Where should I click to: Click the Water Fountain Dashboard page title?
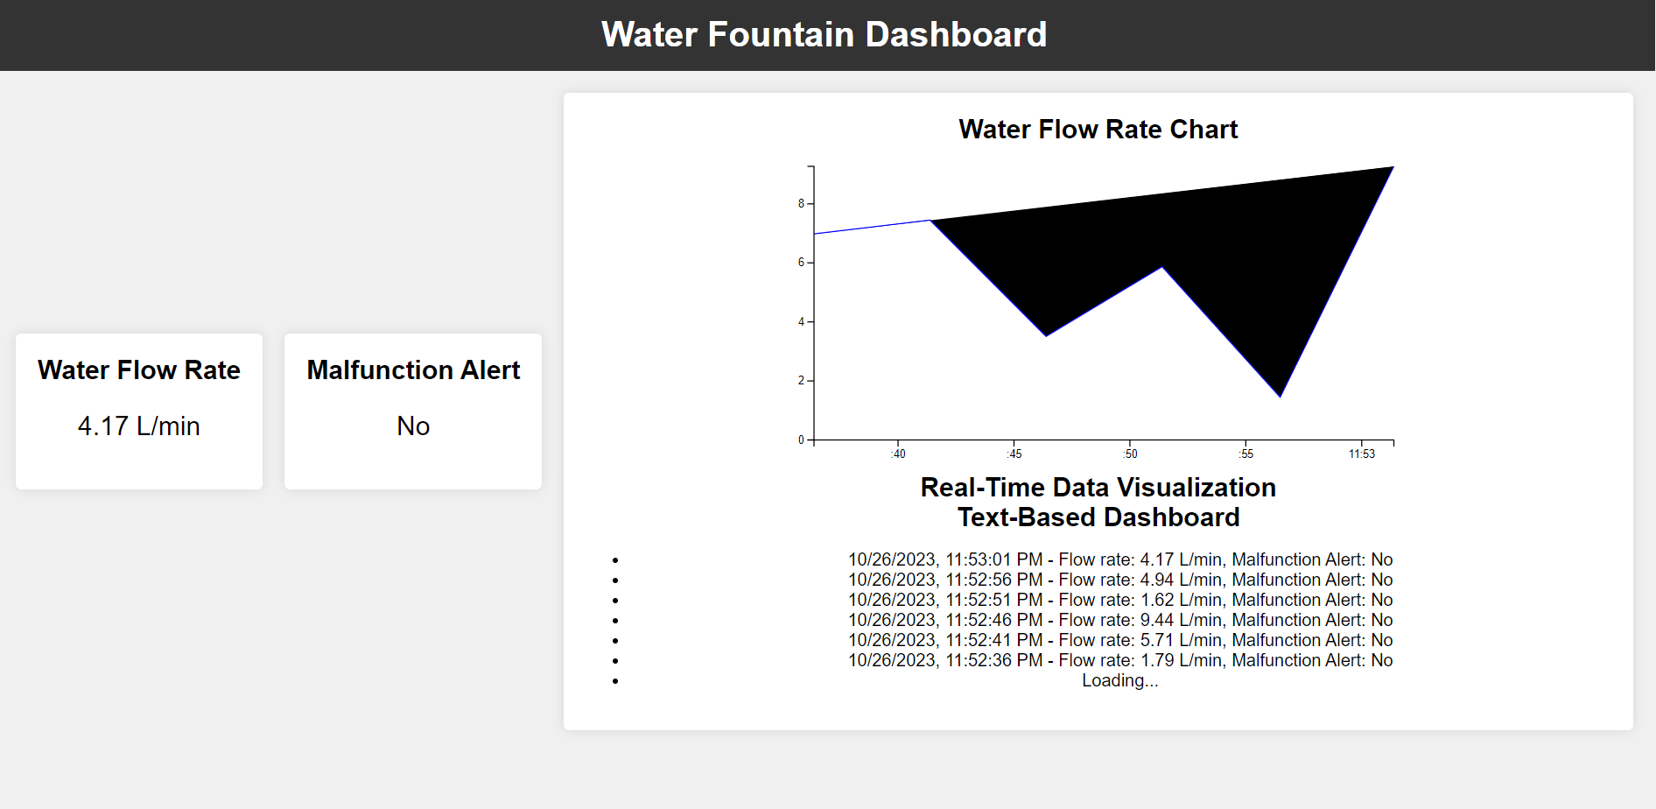(824, 35)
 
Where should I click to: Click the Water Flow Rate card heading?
(139, 370)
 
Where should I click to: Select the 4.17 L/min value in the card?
(139, 426)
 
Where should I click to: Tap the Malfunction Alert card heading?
(413, 370)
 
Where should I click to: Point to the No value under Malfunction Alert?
(413, 426)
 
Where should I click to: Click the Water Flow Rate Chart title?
(1098, 130)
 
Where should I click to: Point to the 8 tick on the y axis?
(801, 204)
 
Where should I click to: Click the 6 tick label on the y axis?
(801, 263)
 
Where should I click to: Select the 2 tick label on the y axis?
(801, 381)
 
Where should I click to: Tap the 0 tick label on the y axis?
(801, 440)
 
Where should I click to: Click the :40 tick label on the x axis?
(898, 454)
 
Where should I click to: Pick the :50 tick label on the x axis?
(1130, 454)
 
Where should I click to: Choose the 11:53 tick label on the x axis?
(1361, 454)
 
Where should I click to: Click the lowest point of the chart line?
(1280, 397)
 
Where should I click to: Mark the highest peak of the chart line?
(1393, 167)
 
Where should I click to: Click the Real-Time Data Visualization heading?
(1098, 488)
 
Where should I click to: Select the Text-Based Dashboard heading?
(1098, 517)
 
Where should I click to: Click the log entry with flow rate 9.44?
(1120, 621)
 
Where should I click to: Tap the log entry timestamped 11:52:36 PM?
(1120, 661)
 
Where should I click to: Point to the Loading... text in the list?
(1119, 681)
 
